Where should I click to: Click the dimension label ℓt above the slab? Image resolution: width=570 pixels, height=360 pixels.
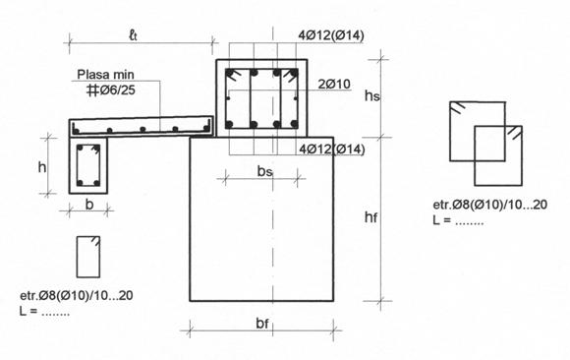(134, 35)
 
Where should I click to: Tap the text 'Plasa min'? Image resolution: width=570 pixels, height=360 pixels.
(105, 75)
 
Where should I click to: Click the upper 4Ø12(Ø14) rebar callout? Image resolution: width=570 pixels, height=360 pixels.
(331, 35)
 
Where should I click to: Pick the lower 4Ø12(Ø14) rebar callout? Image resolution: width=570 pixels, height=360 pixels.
(331, 150)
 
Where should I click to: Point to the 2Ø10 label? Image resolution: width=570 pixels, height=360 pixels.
(334, 84)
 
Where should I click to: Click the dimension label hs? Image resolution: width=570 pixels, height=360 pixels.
(372, 96)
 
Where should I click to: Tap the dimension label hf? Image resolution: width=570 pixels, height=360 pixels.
(370, 217)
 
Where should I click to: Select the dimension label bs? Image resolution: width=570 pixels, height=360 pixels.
(264, 171)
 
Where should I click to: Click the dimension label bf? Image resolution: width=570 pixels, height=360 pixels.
(262, 323)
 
